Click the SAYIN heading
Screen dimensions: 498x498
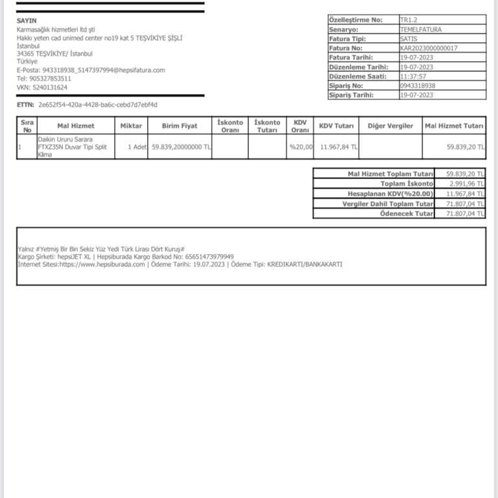point(27,21)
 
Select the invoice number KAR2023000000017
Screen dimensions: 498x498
point(429,48)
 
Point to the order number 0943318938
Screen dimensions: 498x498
point(418,86)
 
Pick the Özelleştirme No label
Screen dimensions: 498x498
point(355,20)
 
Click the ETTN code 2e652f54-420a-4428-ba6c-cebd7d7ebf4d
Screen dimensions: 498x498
point(98,104)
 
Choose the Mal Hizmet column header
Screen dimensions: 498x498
point(76,126)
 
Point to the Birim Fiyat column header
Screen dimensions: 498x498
point(180,126)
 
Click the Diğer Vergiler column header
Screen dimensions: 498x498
point(390,126)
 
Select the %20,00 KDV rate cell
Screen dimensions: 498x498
point(301,147)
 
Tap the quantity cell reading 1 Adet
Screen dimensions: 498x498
point(137,147)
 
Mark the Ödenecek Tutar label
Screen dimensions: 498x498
point(407,213)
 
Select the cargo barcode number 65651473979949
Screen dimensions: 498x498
point(209,257)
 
